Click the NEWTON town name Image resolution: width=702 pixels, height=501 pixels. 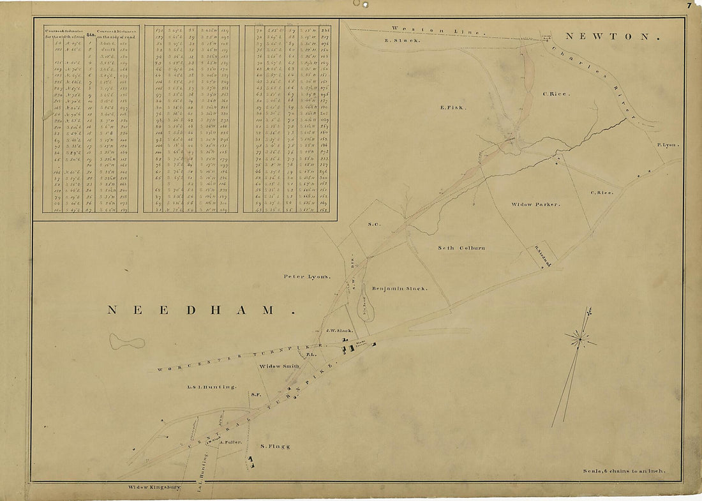[610, 37]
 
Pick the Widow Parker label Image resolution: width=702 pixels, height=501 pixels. [535, 204]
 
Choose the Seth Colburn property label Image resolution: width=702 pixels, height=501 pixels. [461, 248]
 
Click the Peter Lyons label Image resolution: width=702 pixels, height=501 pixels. [308, 277]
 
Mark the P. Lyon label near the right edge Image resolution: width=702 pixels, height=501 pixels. [668, 145]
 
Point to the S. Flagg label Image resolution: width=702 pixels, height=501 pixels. [275, 446]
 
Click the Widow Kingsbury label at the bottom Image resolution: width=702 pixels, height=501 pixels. [154, 487]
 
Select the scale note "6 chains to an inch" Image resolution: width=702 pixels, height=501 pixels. [624, 471]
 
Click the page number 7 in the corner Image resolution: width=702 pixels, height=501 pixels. [690, 6]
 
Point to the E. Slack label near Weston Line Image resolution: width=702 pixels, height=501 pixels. [402, 40]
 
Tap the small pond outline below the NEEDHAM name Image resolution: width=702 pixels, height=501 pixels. [126, 341]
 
